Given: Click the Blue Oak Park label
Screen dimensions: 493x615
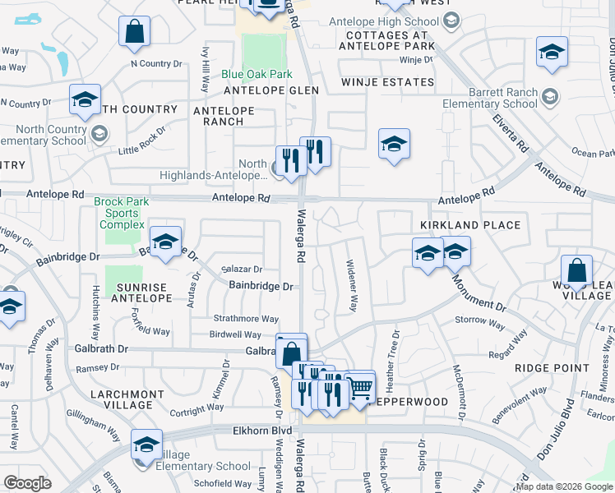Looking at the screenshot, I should point(257,74).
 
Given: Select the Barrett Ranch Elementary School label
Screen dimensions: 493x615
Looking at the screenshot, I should point(501,99).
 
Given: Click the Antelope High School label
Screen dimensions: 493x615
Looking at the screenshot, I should point(383,21).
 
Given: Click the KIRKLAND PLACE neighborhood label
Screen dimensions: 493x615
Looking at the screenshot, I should point(470,225).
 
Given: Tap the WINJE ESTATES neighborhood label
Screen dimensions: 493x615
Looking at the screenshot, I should point(388,82).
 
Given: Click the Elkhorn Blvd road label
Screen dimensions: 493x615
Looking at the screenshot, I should point(262,430).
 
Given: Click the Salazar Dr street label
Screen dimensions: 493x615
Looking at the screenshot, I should point(242,269).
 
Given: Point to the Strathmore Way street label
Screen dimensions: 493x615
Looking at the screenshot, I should point(247,319).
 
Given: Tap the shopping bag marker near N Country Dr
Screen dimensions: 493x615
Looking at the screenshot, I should point(134,31).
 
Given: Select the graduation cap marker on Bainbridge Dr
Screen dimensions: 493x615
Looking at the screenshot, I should point(165,242).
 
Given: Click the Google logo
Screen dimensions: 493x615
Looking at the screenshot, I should point(27,483).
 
